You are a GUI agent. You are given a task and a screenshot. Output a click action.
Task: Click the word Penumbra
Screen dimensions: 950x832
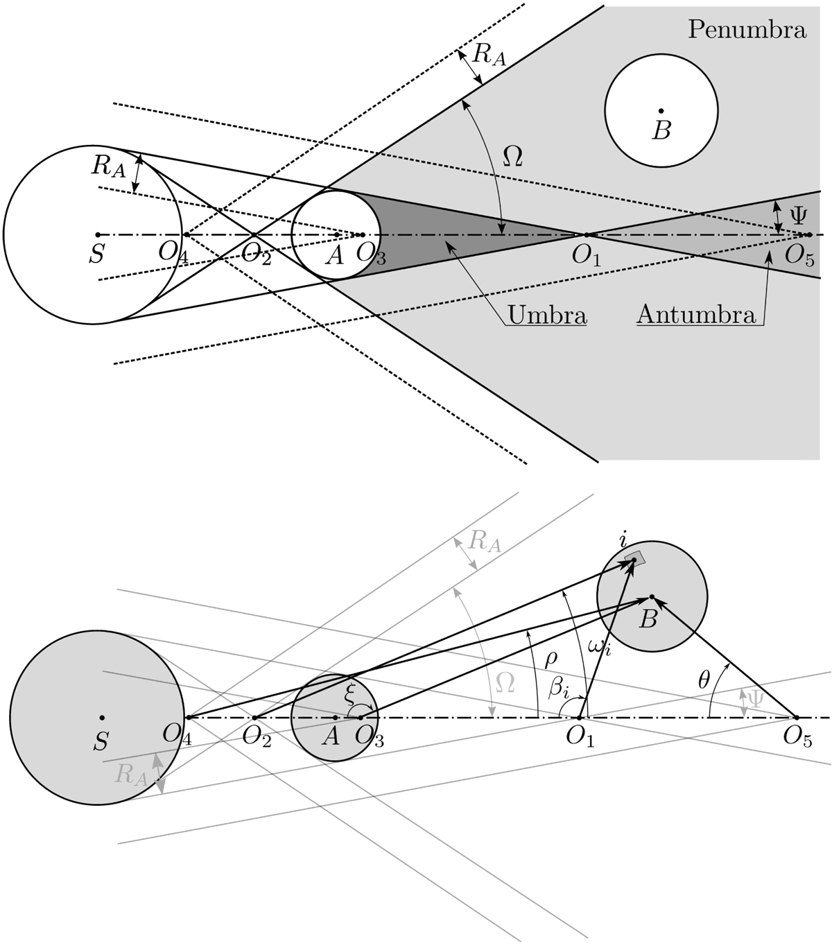click(747, 31)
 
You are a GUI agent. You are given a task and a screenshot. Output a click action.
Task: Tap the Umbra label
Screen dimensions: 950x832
click(547, 316)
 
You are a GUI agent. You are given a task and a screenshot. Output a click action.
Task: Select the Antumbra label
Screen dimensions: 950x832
click(695, 316)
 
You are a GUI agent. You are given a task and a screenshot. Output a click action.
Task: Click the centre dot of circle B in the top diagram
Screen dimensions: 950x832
click(661, 110)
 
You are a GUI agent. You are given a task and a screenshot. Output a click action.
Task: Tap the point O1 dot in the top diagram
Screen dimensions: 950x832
click(585, 234)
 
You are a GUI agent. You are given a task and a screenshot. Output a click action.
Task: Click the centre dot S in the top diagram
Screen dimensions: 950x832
click(98, 234)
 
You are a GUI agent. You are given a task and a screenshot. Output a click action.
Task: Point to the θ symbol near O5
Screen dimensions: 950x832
click(704, 680)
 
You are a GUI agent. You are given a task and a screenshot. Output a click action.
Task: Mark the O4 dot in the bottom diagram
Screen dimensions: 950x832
click(187, 717)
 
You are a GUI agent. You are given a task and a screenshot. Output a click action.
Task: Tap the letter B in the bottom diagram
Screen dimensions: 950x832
click(648, 619)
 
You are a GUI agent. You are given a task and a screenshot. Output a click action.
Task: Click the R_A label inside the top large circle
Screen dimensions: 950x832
click(108, 166)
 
